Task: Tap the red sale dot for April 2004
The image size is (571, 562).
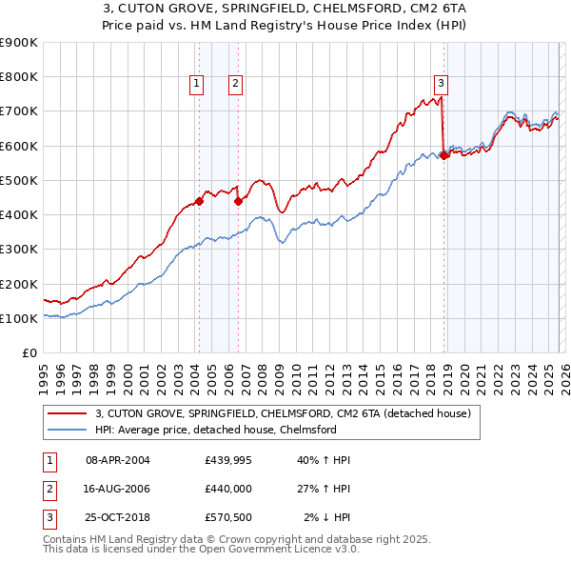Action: [199, 201]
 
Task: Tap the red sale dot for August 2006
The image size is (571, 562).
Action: [238, 201]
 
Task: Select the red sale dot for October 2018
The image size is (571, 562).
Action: [443, 156]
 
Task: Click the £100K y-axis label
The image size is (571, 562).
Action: [19, 319]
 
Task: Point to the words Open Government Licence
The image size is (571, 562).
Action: [285, 550]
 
